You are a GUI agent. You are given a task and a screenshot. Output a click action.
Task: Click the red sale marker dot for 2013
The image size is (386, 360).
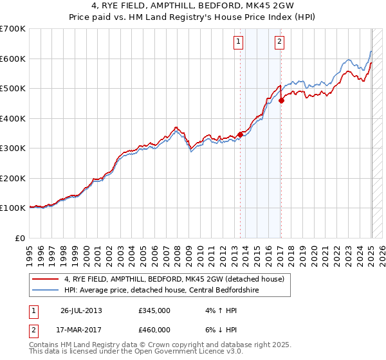click(x=241, y=134)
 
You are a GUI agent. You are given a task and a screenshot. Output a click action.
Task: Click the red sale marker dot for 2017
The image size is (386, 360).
click(x=281, y=100)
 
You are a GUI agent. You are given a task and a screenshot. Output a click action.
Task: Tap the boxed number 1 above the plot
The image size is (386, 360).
click(x=238, y=42)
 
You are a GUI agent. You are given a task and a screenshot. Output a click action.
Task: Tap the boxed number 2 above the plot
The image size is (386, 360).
click(x=280, y=42)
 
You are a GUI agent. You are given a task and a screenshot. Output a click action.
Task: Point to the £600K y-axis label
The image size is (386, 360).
click(x=13, y=59)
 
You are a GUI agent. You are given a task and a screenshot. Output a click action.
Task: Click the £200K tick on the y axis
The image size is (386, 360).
click(x=13, y=178)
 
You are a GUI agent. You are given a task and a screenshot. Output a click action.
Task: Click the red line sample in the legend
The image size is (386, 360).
click(x=46, y=278)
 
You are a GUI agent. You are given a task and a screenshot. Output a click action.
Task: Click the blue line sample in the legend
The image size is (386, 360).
click(x=46, y=289)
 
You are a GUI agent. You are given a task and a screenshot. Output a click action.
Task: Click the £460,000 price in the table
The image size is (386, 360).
click(x=154, y=330)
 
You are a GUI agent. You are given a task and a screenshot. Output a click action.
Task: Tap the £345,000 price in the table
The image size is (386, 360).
click(x=154, y=310)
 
